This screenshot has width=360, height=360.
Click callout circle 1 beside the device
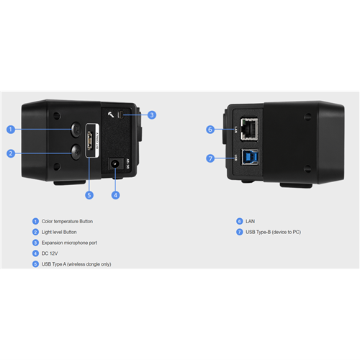point(11,130)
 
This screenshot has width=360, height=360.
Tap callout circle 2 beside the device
point(11,153)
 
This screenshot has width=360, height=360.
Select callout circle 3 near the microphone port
point(152,115)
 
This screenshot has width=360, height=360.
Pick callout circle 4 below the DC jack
point(115,195)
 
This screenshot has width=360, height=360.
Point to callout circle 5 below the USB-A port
point(89,195)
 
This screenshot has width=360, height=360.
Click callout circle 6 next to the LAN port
point(210,130)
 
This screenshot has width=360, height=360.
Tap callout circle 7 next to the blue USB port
point(210,158)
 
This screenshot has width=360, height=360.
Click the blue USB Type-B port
point(250,157)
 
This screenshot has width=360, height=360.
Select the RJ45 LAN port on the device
point(249,129)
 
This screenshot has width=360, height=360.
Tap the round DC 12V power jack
point(115,163)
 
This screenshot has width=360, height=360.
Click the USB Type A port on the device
point(90,140)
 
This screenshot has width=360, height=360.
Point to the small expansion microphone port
point(121,114)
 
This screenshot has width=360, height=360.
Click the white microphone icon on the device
point(111,114)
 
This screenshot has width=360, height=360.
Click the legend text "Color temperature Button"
point(67,221)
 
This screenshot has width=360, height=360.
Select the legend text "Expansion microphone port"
point(69,243)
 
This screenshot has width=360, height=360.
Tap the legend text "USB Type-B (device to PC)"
point(274,232)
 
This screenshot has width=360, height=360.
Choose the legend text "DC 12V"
point(50,253)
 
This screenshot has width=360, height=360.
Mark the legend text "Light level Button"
point(59,232)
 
